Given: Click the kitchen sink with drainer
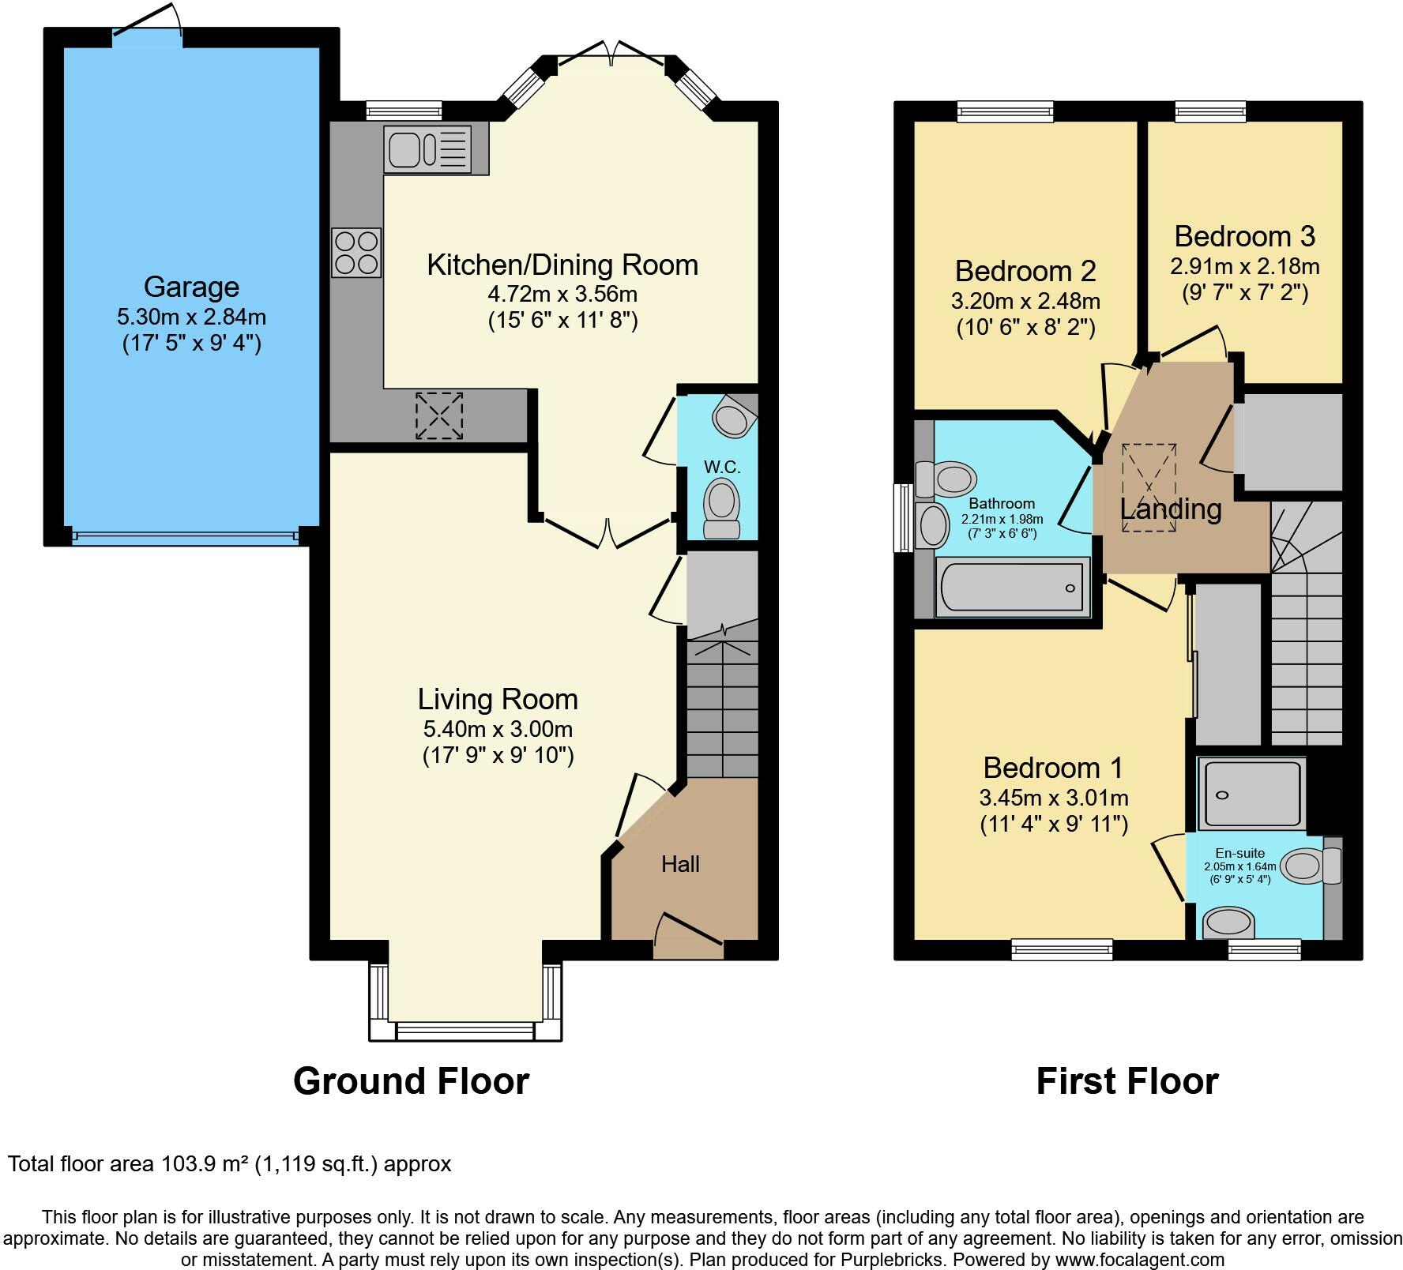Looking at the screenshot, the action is (x=427, y=149).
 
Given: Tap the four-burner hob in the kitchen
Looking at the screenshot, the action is (x=356, y=253).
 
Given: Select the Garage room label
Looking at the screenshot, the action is (x=191, y=287).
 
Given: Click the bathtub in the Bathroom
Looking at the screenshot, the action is (x=1012, y=587).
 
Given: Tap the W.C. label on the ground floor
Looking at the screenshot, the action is (x=722, y=467).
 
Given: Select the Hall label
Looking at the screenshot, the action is (x=680, y=864).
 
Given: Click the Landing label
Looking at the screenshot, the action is (x=1171, y=509).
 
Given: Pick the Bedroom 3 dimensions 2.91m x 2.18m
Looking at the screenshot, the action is (x=1245, y=266).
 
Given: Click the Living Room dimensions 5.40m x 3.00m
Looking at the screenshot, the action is (x=498, y=729).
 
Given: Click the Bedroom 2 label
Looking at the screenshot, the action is (x=1025, y=271).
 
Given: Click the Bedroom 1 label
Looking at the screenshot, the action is (x=1053, y=768).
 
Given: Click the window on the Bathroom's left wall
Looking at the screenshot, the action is (x=901, y=518).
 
